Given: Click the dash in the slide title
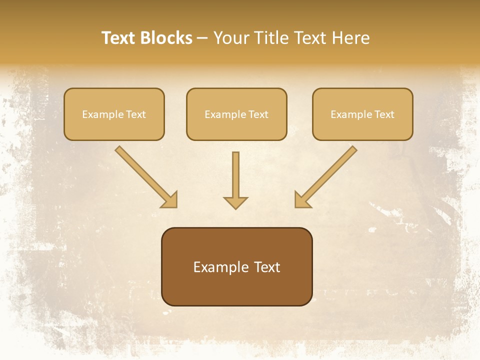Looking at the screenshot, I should [202, 38].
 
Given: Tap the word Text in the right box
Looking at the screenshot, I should [384, 114].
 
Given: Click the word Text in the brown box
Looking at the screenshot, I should [267, 267].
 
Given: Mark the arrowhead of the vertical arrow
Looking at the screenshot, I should [235, 202].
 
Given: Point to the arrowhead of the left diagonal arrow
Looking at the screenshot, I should [170, 200].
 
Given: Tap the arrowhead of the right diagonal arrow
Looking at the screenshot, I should [301, 200].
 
